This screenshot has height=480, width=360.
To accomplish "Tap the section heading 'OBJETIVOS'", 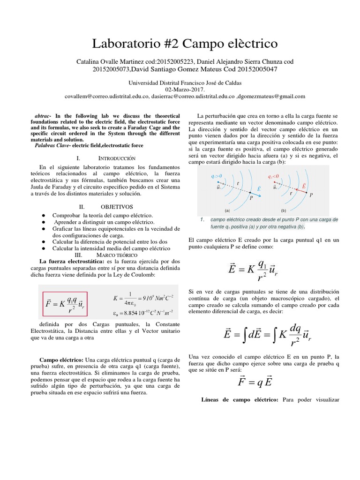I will (x=117, y=206).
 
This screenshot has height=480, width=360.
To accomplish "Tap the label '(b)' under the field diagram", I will (x=284, y=210).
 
